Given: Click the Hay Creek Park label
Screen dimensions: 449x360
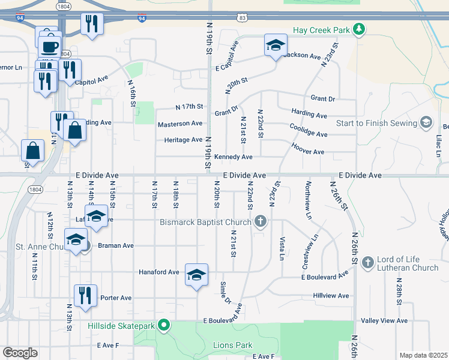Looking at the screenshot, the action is pos(321,29).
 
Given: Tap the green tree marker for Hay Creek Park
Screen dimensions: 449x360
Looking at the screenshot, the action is pos(358,29).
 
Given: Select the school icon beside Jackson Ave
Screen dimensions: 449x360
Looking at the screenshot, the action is pos(276,45).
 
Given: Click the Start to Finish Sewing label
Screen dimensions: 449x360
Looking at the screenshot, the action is pos(376,123).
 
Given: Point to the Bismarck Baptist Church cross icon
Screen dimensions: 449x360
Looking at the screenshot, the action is pos(260,222).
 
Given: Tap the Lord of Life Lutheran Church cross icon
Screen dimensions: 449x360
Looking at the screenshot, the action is pos(366,262).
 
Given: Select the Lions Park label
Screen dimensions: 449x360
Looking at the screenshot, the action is pos(233,345).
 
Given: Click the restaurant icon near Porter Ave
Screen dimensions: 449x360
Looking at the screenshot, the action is pos(86,296).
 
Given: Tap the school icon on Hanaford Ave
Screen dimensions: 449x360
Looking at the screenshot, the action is pos(196,275).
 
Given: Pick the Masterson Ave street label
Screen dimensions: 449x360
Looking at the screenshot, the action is pos(180,124).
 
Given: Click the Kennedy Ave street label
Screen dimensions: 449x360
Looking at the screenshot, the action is pos(234,157).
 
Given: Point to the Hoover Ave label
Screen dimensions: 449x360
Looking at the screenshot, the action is pos(308,152).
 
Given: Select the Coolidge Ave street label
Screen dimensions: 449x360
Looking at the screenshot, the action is pos(308,134).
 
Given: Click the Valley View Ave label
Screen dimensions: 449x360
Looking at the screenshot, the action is pos(384,321).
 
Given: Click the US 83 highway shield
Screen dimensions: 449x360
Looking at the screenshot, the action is pos(242,18).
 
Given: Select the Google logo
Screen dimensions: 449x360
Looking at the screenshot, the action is pos(20,353).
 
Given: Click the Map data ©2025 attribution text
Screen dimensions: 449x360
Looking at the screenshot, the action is pos(423,355).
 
